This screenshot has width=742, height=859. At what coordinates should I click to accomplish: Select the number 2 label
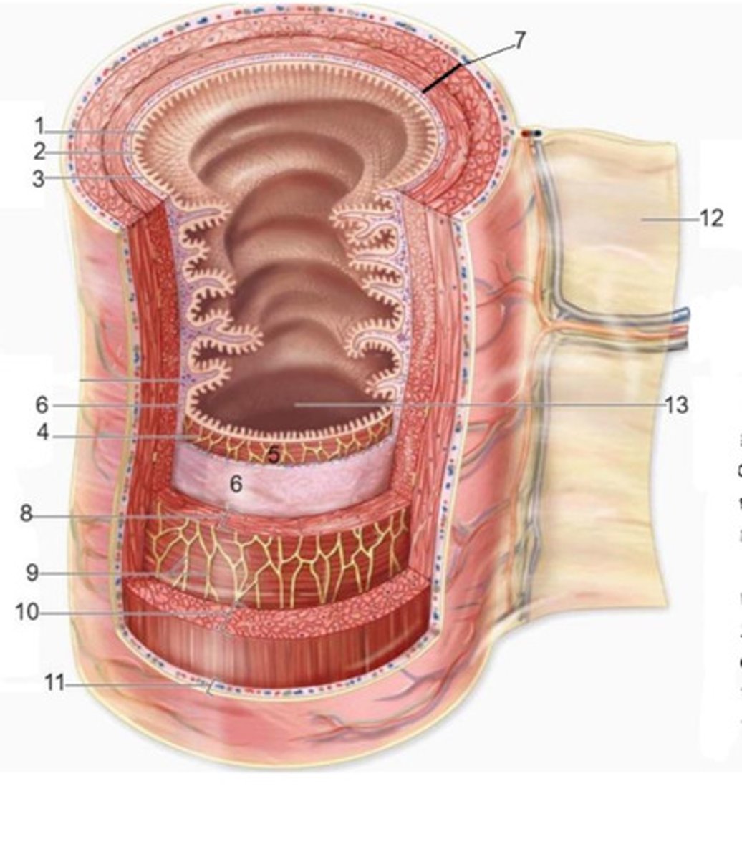point(39,152)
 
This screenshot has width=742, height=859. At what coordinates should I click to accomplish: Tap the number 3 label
point(39,178)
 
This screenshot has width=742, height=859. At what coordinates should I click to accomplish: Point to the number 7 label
point(519,41)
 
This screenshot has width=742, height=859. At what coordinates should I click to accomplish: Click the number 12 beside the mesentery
point(711,218)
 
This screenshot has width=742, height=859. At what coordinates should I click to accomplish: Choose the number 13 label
point(676,405)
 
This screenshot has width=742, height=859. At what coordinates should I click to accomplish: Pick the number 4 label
point(43,433)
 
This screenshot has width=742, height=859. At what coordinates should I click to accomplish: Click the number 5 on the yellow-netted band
point(273,453)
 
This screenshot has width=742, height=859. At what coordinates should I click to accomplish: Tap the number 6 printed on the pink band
point(236,484)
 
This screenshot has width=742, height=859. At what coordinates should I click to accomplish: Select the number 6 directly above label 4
point(42,405)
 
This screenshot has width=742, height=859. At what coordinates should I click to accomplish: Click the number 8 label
point(26,514)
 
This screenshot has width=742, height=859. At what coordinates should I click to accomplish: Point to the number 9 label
point(32,573)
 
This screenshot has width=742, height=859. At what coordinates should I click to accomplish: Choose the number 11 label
point(54,684)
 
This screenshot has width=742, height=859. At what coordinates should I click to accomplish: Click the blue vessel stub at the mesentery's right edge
point(684,313)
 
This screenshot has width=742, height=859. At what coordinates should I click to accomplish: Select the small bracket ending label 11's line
point(208,688)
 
